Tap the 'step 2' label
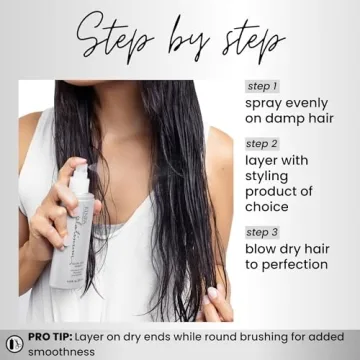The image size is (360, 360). (x=262, y=143)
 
